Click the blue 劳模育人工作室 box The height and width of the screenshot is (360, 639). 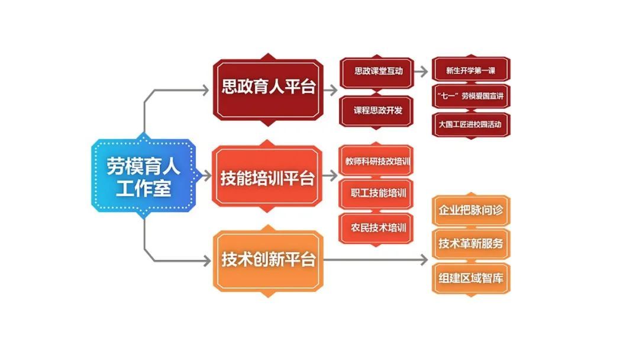143,176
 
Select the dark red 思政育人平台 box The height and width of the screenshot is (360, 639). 268,89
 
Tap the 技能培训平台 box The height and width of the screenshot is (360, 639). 267,176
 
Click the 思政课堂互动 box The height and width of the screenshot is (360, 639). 377,72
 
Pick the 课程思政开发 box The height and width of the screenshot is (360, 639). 377,111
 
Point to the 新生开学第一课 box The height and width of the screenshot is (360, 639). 471,70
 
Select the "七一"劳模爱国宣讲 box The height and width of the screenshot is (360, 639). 471,97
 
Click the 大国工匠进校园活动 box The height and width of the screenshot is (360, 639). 471,125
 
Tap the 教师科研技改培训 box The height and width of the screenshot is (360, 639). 376,160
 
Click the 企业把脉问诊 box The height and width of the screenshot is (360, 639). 471,210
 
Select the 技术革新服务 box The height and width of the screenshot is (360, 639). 471,244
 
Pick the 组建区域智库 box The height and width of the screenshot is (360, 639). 471,278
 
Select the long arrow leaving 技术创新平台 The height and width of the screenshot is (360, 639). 376,260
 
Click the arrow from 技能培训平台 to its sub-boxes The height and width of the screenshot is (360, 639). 330,176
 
